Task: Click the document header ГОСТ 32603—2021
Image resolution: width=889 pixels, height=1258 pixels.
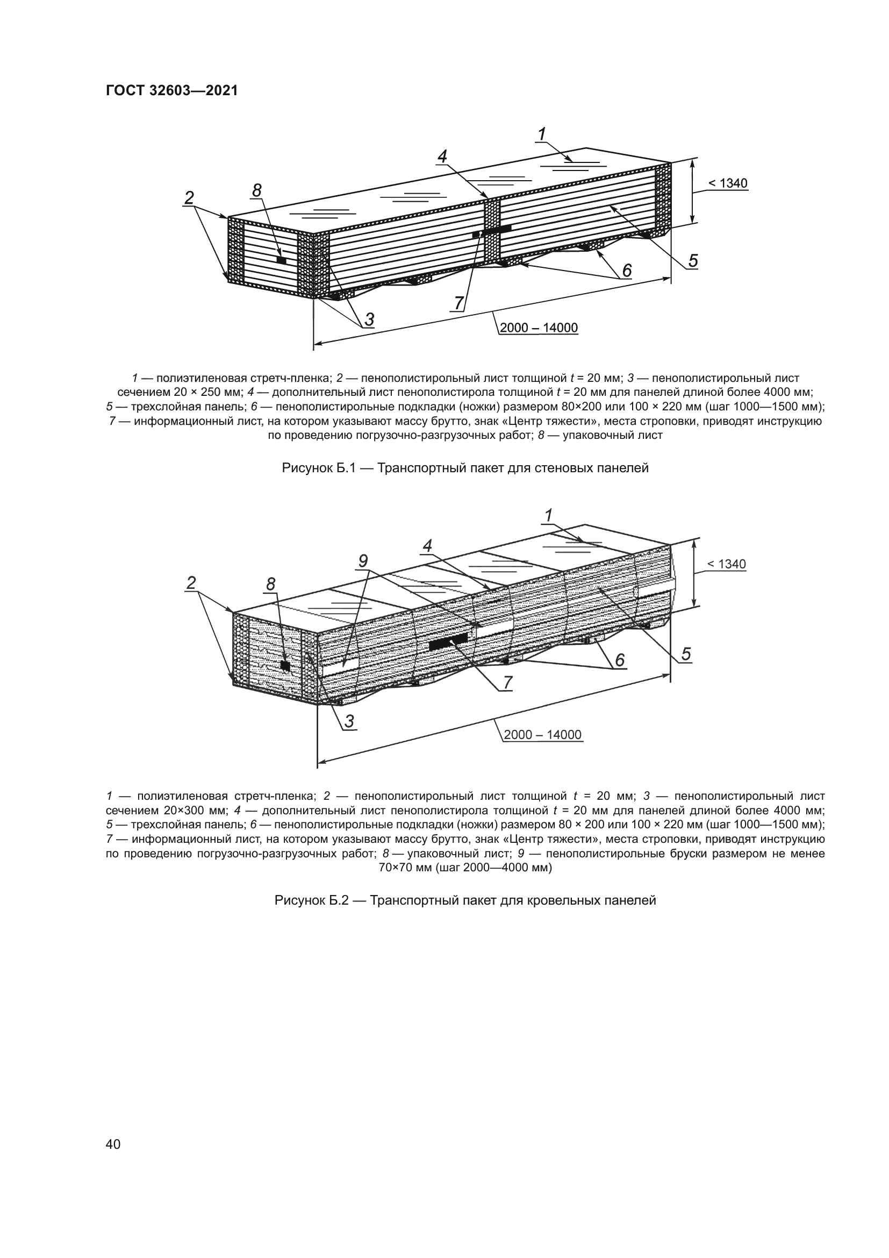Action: (x=171, y=91)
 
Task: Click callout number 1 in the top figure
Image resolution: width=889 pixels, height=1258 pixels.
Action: (x=542, y=134)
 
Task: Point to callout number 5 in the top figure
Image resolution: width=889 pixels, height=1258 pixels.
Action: (x=693, y=261)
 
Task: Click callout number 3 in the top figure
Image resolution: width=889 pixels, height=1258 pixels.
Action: (x=369, y=319)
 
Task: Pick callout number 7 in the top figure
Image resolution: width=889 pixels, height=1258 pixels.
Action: (x=458, y=302)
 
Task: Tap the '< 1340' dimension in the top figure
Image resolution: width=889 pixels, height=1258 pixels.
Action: (x=728, y=184)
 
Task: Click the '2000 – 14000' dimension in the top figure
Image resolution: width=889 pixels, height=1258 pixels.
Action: (x=539, y=328)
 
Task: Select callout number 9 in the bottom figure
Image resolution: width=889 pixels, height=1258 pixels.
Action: (x=363, y=561)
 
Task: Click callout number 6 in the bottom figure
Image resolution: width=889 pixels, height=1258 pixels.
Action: (x=620, y=661)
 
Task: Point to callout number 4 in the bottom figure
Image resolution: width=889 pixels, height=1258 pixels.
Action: (x=427, y=545)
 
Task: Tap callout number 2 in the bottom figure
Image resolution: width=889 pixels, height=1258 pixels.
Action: (x=190, y=583)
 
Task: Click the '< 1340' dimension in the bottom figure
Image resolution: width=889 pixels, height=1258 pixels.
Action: (x=727, y=564)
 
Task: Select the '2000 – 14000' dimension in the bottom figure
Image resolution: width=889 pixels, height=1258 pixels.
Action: (x=542, y=735)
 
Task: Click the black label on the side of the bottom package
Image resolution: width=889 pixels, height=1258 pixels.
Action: (x=448, y=642)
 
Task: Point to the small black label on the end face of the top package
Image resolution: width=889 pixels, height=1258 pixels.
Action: (x=281, y=260)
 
